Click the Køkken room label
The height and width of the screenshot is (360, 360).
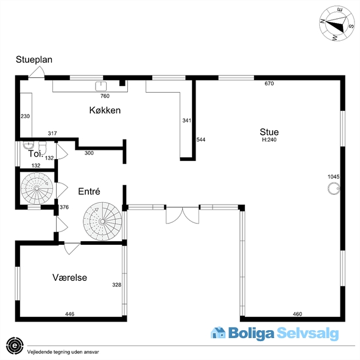[105, 110]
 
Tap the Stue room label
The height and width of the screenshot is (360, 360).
[269, 132]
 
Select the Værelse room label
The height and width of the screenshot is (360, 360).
[69, 278]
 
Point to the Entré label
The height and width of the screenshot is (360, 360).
[89, 191]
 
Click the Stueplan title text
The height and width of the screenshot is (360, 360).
[34, 60]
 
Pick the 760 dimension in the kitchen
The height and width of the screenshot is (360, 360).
[105, 96]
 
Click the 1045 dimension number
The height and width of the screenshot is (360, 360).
[333, 177]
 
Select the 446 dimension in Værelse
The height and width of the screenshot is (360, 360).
[69, 314]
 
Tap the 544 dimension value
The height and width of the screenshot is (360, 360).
[200, 139]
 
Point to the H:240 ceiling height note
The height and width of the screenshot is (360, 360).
[269, 139]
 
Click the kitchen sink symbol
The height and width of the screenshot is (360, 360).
[101, 86]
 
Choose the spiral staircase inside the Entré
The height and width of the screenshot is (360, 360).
[102, 221]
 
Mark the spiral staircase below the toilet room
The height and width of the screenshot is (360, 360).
[37, 188]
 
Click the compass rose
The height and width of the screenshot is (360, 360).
[337, 23]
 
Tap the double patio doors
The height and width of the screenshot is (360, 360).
[183, 215]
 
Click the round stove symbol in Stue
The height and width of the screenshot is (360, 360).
[334, 189]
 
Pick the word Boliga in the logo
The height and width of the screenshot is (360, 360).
[251, 334]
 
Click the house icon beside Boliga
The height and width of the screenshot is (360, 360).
[218, 333]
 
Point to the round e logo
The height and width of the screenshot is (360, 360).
[15, 346]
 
